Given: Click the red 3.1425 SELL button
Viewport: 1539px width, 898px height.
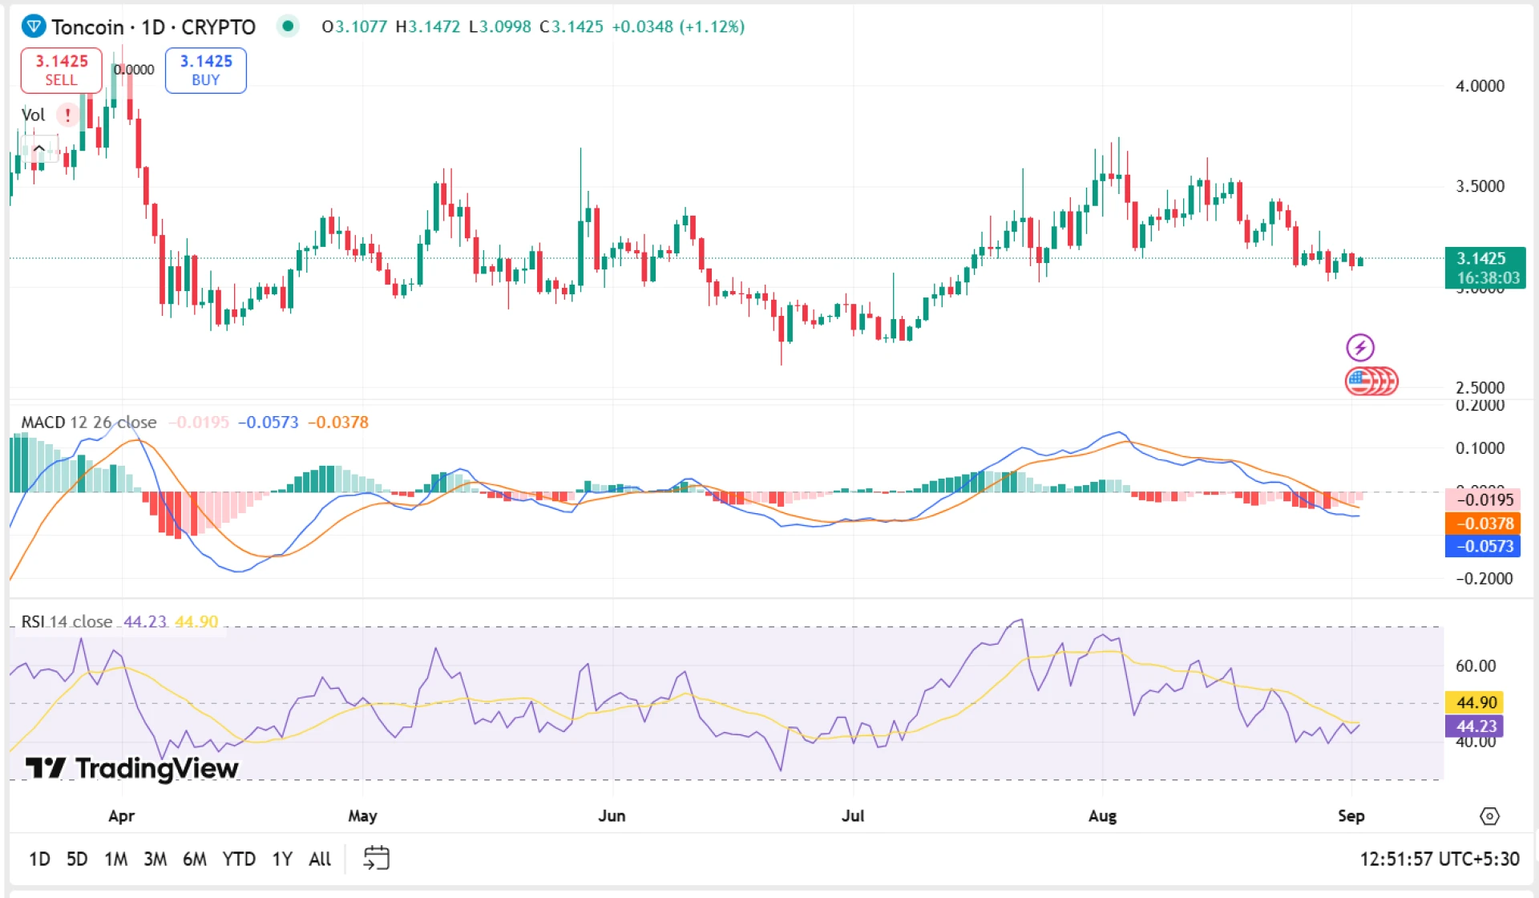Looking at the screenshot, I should tap(61, 70).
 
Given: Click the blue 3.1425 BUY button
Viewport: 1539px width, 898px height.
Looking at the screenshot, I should tap(205, 70).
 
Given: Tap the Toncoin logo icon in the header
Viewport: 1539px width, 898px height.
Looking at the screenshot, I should tap(33, 26).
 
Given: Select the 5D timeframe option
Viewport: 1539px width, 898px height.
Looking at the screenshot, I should tap(77, 859).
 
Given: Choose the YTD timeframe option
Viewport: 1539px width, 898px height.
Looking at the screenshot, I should tap(239, 859).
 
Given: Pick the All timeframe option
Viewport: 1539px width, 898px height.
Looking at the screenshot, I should tap(320, 859).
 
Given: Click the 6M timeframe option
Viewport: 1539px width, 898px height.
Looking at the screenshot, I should tap(195, 859).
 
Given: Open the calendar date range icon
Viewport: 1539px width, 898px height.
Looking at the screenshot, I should tap(376, 858).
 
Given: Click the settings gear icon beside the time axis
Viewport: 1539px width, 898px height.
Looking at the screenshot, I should tap(1489, 816).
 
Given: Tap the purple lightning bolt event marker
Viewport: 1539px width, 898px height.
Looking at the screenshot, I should tap(1359, 347).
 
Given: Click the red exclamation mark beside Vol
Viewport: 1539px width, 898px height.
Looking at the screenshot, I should tap(68, 115).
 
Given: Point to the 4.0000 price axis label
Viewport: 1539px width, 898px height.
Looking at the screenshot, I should tap(1480, 86).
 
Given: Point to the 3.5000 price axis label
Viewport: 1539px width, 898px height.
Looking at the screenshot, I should tap(1480, 186).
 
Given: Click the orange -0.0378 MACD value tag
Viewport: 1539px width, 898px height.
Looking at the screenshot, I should tap(1482, 523).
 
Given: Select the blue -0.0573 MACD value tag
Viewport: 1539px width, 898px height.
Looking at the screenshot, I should tap(1482, 546).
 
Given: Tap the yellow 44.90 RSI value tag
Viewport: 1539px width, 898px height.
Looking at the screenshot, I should tap(1475, 702).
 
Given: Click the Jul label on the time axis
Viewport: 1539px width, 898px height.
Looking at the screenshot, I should tap(852, 815).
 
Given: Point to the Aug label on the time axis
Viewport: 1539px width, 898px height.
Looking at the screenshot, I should tap(1102, 815).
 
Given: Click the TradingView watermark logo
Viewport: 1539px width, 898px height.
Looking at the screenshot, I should tap(132, 768).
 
